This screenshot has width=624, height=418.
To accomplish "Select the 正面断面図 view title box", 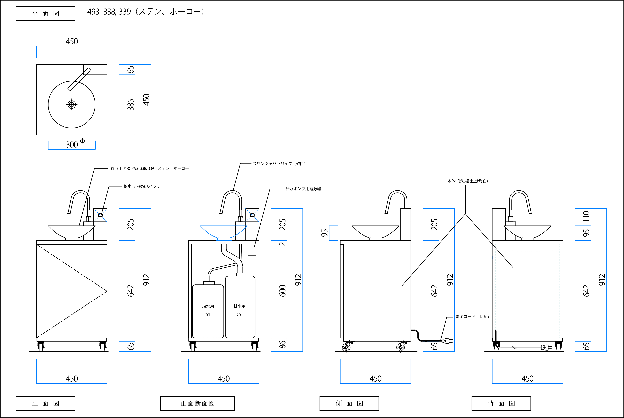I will point(197,403).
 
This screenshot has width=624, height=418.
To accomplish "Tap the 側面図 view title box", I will point(349,403).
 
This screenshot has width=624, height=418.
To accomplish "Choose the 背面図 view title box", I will point(501,403).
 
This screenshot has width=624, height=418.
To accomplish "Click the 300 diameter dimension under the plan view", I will point(72,145).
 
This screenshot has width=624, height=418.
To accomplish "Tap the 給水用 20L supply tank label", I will point(208,310).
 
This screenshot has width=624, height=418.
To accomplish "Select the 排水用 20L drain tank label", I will point(239,310).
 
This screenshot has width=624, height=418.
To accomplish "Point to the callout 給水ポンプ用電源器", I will point(303,189).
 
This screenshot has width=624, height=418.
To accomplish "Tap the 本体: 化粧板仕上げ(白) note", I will point(467,181).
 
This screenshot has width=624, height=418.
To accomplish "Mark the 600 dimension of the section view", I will point(282,291).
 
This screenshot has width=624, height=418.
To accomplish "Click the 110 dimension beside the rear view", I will point(586,217).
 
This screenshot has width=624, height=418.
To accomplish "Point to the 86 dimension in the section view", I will point(282,345).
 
